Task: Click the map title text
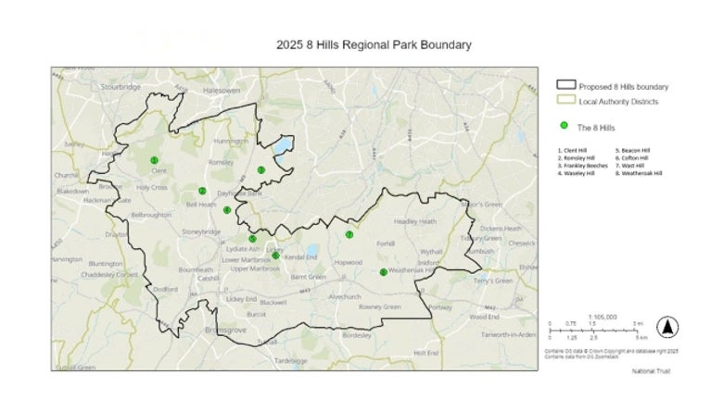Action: pyautogui.click(x=374, y=44)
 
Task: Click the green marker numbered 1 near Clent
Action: pyautogui.click(x=154, y=160)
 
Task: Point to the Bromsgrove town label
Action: pyautogui.click(x=223, y=329)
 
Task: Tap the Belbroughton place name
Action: pyautogui.click(x=151, y=214)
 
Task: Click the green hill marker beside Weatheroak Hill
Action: pyautogui.click(x=383, y=272)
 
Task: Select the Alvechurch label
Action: pyautogui.click(x=344, y=296)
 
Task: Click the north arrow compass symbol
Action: pyautogui.click(x=666, y=327)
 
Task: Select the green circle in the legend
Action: pyautogui.click(x=563, y=125)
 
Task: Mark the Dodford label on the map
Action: pyautogui.click(x=165, y=289)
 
